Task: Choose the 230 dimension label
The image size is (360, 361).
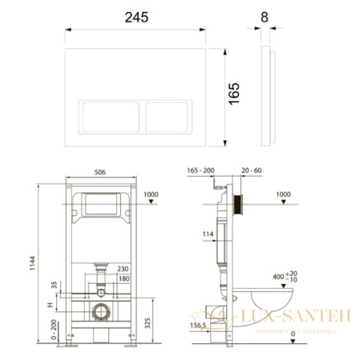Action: click(x=123, y=269)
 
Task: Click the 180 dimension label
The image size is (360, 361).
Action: click(x=123, y=278)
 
